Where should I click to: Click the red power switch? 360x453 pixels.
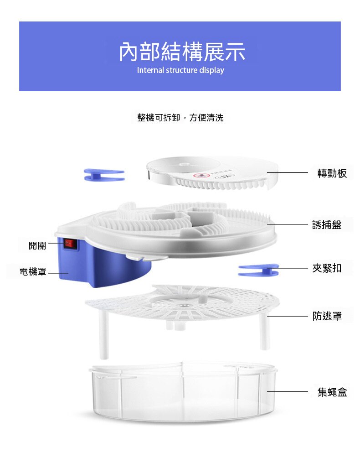point(71,244)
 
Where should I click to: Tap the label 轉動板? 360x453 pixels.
point(332,173)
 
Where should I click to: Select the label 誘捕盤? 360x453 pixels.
point(327,225)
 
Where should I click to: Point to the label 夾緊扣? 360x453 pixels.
point(327,268)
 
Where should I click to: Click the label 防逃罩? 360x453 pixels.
point(327,316)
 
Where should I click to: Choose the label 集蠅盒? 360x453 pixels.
point(332,392)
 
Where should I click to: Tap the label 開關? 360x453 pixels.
point(37,245)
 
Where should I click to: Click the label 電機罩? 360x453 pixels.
point(33,272)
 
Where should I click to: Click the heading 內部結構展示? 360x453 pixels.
point(182,52)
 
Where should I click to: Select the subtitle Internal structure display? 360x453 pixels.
point(180,70)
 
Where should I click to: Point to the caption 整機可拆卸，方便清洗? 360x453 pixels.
point(180,118)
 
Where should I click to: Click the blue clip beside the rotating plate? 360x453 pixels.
point(104,175)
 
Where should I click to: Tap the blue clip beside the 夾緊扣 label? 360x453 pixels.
point(258,270)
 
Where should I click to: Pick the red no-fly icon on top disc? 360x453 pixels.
point(199,175)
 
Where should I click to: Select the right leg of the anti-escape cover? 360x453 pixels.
point(264,332)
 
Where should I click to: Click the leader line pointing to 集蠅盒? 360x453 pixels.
point(288,392)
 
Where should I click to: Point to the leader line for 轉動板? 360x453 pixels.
point(288,173)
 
